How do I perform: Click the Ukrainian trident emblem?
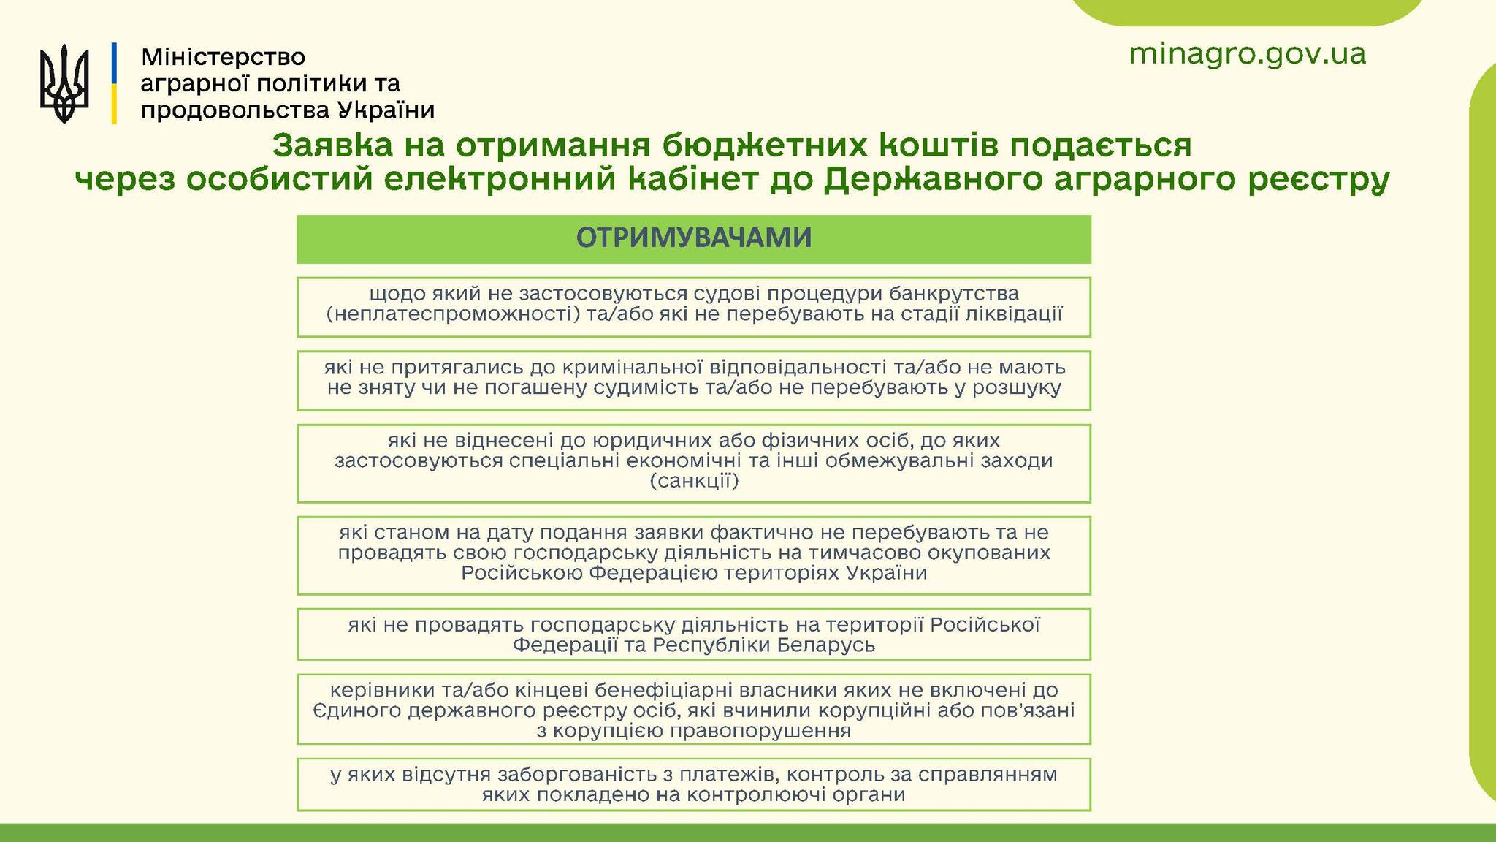coord(64,83)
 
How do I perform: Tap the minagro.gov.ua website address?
coord(1247,54)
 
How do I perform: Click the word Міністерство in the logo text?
coord(224,57)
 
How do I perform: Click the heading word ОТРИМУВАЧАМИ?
coord(694,238)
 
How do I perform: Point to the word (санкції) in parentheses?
coord(694,481)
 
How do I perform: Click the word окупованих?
coord(993,553)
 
